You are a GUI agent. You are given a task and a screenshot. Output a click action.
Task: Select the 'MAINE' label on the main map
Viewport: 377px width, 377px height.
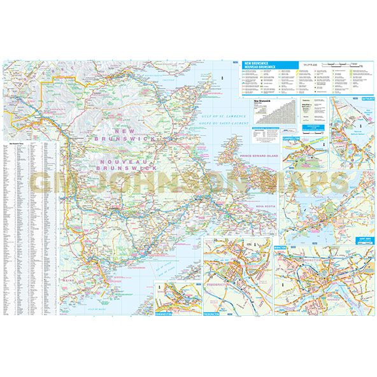(x=69, y=280)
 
